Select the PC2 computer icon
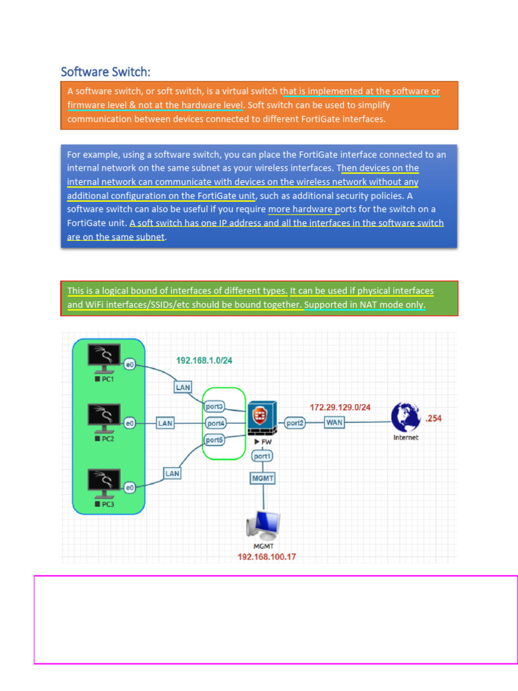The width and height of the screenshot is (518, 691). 104,418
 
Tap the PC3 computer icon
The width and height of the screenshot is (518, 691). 104,482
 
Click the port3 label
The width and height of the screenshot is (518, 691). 214,407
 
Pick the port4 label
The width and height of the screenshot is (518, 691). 215,423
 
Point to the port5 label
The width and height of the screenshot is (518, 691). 214,440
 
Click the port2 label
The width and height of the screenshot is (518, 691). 295,423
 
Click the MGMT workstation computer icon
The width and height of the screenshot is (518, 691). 263,524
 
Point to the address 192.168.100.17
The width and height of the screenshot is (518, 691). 267,557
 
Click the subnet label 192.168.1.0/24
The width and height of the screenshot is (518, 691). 204,361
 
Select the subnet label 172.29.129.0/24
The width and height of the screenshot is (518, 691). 340,408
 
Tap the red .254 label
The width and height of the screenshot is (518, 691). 433,419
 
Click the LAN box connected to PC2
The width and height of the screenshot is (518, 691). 165,423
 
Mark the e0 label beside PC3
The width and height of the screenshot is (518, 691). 131,487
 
